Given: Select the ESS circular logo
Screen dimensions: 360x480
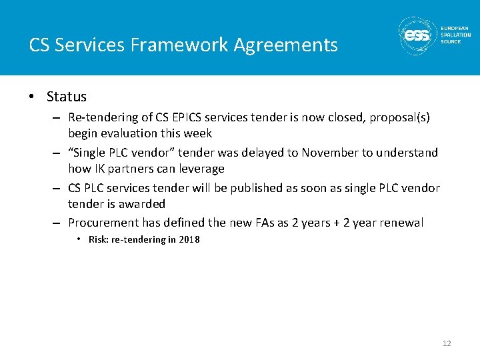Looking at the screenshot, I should [418, 35].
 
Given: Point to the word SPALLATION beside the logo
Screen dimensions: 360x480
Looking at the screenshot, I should [455, 35].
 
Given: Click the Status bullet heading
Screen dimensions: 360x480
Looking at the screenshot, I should [67, 97].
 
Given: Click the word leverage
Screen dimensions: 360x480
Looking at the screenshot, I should [201, 169].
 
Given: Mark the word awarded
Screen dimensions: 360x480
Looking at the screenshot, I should [143, 203].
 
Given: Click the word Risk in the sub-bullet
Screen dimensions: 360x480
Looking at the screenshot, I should [99, 240].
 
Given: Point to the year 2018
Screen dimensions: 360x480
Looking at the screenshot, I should [189, 240].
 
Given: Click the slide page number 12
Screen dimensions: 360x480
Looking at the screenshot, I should [447, 343].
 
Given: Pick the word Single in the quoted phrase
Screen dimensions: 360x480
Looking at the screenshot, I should [90, 153].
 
